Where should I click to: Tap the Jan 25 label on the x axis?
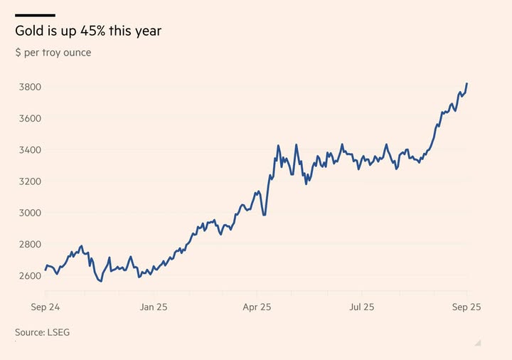tap(153, 307)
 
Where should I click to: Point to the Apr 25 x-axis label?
tap(257, 307)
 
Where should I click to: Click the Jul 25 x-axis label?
tap(361, 307)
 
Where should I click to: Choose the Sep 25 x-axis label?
tap(467, 307)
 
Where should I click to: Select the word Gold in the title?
tap(29, 32)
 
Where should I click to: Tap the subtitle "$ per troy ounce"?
tap(53, 53)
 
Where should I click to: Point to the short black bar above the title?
tap(35, 15)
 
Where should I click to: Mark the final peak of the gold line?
tap(466, 84)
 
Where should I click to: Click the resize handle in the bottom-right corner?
tap(478, 343)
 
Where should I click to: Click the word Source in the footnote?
tap(29, 332)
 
